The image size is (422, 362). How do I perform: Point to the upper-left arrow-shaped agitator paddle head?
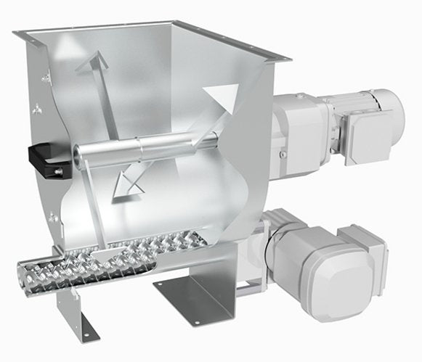coord(90,68)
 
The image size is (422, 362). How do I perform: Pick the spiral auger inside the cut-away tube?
coord(131,257)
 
